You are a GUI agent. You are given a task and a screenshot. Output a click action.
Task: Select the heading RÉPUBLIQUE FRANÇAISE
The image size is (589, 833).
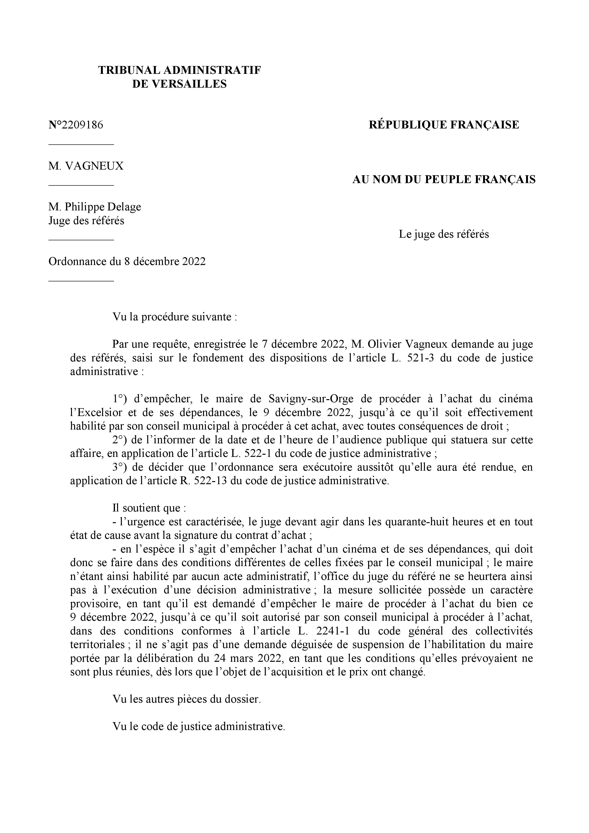coord(444,125)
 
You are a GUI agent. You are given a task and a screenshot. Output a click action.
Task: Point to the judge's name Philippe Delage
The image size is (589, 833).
coord(103,207)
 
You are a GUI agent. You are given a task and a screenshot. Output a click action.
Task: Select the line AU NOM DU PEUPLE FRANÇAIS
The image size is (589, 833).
coord(444,180)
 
